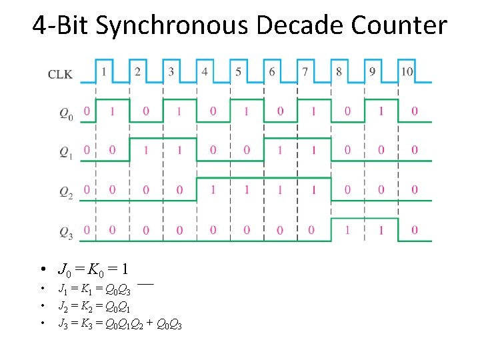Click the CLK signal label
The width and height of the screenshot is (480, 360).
[60, 74]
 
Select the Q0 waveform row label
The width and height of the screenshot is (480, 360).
[66, 114]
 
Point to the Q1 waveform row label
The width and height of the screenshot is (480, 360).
[66, 153]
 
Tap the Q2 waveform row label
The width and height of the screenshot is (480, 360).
[66, 193]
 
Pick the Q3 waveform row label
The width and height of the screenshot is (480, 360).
[66, 233]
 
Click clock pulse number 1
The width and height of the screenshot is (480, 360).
[104, 71]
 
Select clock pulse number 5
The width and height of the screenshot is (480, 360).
[238, 71]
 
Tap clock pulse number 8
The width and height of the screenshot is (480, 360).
[339, 71]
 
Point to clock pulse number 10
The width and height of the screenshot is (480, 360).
[407, 71]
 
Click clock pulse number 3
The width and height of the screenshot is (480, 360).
[171, 71]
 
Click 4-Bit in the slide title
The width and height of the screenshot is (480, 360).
[61, 25]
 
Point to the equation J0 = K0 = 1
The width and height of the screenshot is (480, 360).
[93, 270]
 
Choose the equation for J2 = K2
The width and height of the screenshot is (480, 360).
[95, 307]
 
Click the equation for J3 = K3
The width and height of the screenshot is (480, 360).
[120, 325]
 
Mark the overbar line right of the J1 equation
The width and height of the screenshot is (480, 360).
[147, 284]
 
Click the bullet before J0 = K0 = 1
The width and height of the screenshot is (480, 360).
[42, 271]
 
